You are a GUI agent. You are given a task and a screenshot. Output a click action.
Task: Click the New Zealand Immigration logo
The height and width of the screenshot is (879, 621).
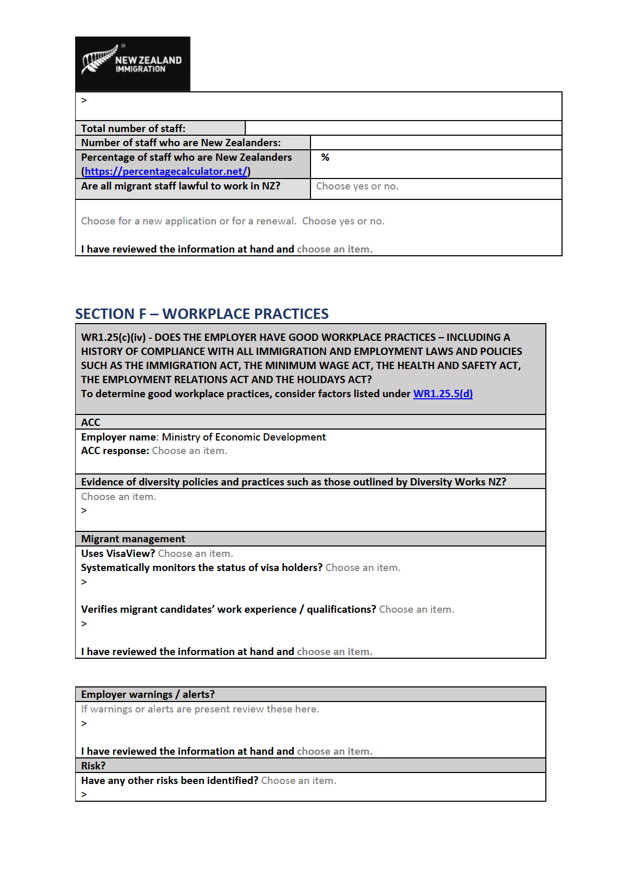[x=133, y=64]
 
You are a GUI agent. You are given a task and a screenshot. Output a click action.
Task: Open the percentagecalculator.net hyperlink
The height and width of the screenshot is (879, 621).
[x=166, y=171]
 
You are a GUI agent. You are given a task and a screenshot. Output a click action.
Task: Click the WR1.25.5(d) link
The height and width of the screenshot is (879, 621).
[x=443, y=394]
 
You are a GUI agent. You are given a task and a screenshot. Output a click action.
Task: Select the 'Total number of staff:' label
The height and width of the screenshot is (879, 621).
[x=133, y=128]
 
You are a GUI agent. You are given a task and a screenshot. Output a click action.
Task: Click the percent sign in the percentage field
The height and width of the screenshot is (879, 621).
[x=325, y=157]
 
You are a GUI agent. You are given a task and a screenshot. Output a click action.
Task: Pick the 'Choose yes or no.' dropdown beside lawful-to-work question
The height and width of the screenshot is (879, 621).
[x=357, y=186]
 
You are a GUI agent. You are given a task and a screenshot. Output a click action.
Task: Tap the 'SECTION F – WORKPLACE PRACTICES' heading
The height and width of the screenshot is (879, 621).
[x=201, y=314]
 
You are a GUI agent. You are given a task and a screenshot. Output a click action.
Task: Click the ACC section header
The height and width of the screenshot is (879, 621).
[x=91, y=422]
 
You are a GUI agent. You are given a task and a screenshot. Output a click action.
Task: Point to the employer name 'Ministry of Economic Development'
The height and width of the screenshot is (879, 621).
[x=244, y=437]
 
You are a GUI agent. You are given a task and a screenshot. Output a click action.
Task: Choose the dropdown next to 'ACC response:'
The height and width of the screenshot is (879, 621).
[x=189, y=450]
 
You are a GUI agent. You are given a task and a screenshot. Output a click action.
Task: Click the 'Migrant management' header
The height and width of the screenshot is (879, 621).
[x=133, y=539]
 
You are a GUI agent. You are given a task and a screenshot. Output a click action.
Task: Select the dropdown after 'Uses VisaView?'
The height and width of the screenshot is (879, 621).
[x=195, y=553]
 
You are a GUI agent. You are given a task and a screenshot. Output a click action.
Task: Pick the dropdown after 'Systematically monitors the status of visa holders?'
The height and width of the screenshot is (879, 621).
[x=363, y=567]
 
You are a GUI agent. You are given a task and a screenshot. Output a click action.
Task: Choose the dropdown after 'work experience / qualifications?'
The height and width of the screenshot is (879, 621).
[x=416, y=609]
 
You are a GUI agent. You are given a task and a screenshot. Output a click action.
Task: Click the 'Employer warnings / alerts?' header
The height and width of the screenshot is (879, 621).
[x=148, y=694]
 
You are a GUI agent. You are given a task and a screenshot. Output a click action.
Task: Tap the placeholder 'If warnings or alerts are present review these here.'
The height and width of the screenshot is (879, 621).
[x=200, y=709]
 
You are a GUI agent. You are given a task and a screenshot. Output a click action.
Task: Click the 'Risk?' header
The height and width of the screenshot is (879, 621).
[x=93, y=766]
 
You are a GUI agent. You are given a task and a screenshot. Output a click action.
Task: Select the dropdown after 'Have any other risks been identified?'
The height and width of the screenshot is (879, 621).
[x=298, y=780]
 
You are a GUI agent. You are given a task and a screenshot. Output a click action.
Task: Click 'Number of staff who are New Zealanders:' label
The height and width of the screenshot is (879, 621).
[x=181, y=142]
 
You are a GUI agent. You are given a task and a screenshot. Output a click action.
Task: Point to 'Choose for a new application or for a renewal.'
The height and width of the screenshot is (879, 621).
[x=188, y=221]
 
